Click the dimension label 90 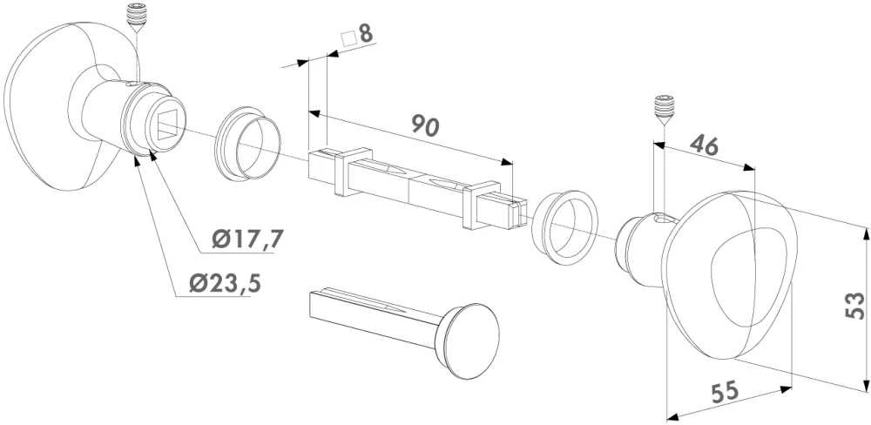pos(426,126)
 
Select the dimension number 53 pos(854,305)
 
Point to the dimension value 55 pos(726,391)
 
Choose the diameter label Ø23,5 pos(225,284)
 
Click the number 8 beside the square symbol pos(366,34)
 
